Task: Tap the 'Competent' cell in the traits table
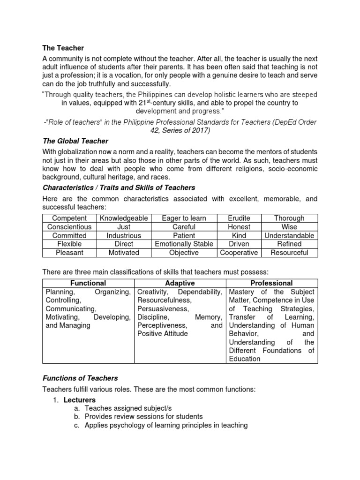(69, 218)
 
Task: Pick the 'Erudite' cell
(239, 218)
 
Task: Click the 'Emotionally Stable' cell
(184, 244)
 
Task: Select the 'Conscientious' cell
(69, 227)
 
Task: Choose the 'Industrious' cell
(124, 235)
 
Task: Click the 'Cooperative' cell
(239, 253)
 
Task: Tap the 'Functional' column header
(88, 283)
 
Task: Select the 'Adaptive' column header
(180, 283)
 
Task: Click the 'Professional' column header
(272, 283)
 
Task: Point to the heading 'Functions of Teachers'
(80, 378)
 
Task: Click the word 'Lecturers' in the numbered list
(80, 400)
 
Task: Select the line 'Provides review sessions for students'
(143, 417)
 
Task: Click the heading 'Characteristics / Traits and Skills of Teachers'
(119, 187)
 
